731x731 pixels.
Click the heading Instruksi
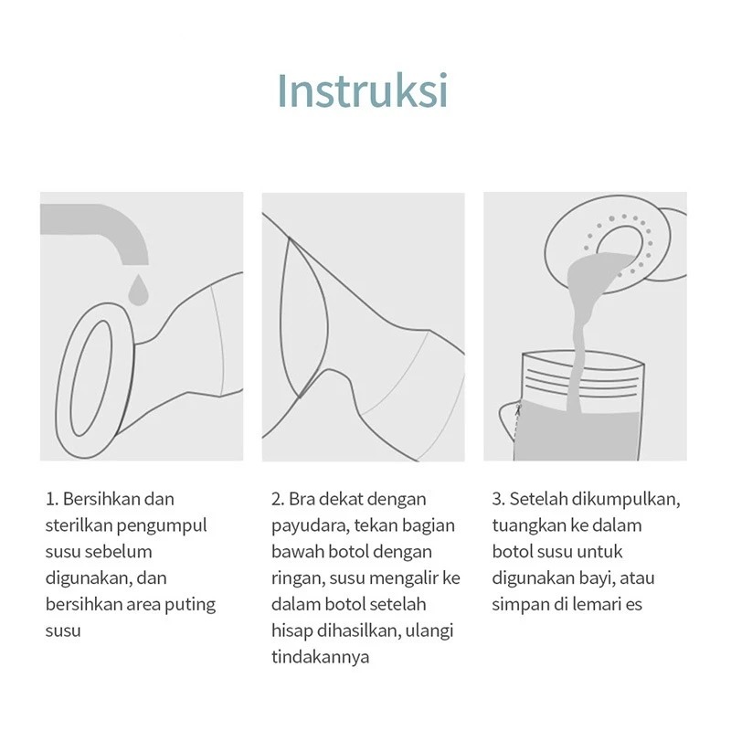coord(363,90)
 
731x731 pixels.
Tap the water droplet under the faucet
coord(138,290)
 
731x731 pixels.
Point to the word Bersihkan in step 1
coord(101,499)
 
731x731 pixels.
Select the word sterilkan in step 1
coord(79,525)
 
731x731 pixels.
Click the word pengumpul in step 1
coord(162,526)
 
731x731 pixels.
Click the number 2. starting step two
coord(278,499)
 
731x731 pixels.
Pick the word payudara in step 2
coord(311,526)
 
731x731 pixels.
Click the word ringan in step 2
coord(298,579)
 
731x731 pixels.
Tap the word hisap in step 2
coord(291,631)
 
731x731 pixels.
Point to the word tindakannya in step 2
coord(321,658)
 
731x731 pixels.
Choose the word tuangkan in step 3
coord(529,526)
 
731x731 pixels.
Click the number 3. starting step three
coord(498,499)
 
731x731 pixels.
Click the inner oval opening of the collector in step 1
coord(91,377)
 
